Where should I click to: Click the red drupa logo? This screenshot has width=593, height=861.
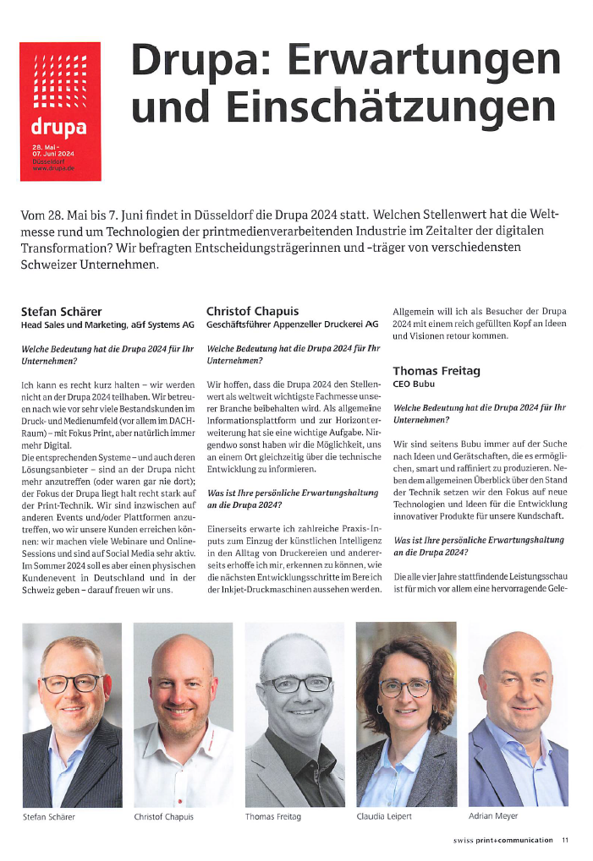point(59,111)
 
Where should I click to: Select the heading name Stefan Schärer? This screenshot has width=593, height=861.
point(63,311)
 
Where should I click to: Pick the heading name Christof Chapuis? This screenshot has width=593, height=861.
point(251,311)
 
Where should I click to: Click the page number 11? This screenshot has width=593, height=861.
point(565,840)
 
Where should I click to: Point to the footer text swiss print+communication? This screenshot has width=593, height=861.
point(502,840)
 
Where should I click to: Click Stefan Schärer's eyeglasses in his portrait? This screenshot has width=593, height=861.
point(71,682)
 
